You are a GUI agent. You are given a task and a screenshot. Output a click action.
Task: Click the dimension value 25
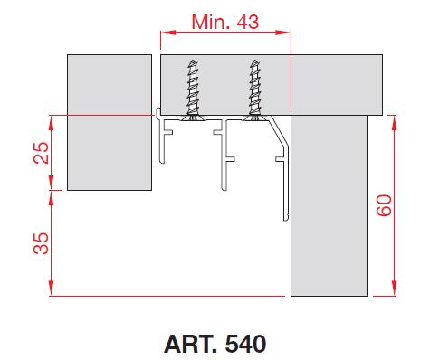pyautogui.click(x=41, y=153)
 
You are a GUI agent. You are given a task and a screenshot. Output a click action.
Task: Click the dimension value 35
pyautogui.click(x=41, y=243)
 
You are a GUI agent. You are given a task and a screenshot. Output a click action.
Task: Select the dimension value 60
pyautogui.click(x=384, y=205)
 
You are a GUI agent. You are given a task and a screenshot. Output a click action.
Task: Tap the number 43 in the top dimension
pyautogui.click(x=248, y=22)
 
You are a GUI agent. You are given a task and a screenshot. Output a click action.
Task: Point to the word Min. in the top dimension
pyautogui.click(x=212, y=22)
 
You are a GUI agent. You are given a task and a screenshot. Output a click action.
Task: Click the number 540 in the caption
pyautogui.click(x=245, y=344)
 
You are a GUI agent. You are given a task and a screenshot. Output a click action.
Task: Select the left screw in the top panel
pyautogui.click(x=193, y=90)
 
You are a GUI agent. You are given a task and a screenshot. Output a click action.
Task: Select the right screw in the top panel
pyautogui.click(x=255, y=90)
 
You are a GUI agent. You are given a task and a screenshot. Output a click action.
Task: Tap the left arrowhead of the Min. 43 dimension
pyautogui.click(x=167, y=33)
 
